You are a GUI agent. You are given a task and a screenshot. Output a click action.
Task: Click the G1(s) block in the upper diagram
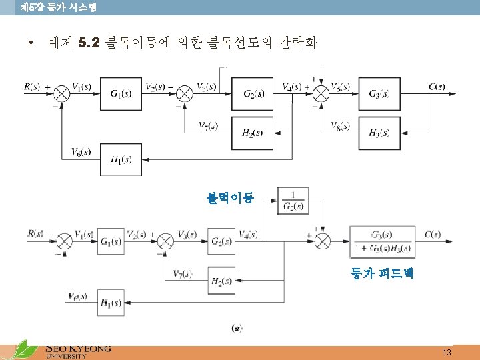point(121,94)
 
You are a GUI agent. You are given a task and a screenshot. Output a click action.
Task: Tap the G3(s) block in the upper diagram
point(379,94)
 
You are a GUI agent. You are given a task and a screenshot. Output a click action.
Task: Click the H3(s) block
point(379,133)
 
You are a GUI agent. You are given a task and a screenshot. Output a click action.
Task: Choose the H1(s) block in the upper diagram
point(121,159)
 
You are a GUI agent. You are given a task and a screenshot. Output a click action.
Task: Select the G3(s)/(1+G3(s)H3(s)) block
point(382,241)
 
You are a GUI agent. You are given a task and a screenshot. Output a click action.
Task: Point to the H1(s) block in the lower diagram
point(111,303)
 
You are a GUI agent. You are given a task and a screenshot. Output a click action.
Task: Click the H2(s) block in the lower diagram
point(221,281)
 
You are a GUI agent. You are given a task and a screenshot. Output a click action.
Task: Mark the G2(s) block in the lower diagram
point(221,241)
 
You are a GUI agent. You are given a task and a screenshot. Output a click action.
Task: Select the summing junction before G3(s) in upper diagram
point(321,94)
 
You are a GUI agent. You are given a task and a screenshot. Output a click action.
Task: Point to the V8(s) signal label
point(341,125)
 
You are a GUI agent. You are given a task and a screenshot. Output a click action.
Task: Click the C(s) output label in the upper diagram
point(437,87)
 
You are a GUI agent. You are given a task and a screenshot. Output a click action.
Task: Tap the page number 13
point(447,352)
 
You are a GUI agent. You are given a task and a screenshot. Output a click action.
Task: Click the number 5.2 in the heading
point(89,44)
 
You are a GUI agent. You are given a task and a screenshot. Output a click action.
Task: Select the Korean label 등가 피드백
point(382,273)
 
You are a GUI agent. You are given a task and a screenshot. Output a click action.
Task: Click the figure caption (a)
point(237,328)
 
